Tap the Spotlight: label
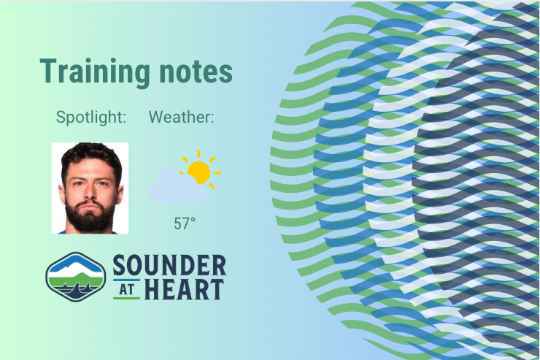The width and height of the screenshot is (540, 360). [x=91, y=117]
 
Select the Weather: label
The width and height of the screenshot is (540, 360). [x=182, y=117]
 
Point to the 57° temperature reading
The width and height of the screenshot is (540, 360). [x=185, y=223]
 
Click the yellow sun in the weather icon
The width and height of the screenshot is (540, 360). [x=198, y=172]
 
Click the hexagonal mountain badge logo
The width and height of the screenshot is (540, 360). [x=75, y=277]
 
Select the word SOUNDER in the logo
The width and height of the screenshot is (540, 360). [x=169, y=264]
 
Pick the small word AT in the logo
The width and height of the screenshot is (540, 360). [x=126, y=290]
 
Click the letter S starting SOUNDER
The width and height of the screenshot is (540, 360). [x=120, y=264]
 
